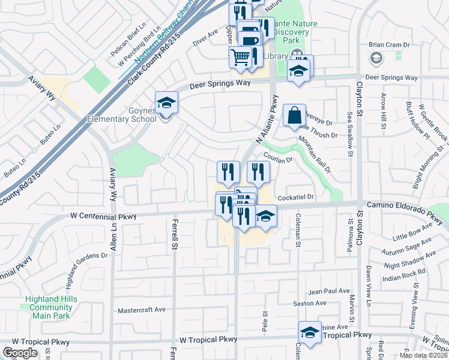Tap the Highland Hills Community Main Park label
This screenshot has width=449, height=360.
click(x=51, y=307)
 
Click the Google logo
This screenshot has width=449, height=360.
click(x=20, y=353)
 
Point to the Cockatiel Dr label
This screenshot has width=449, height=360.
click(x=296, y=197)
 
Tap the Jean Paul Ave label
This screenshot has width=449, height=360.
click(x=329, y=291)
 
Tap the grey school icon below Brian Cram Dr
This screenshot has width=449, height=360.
click(x=376, y=58)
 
